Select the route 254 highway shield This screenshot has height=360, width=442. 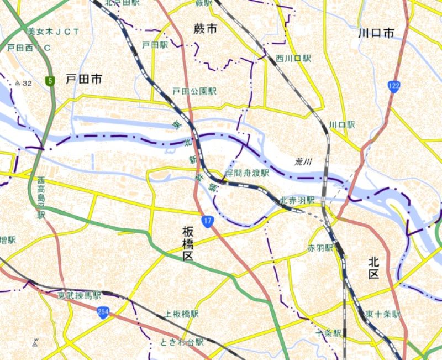pyautogui.click(x=102, y=312)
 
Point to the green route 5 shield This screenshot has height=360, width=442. pyautogui.click(x=50, y=81)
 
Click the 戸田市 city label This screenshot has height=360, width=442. pyautogui.click(x=83, y=80)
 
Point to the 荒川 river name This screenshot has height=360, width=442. pyautogui.click(x=303, y=162)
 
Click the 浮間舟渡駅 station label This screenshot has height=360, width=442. pyautogui.click(x=246, y=173)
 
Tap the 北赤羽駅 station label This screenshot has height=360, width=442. pyautogui.click(x=297, y=200)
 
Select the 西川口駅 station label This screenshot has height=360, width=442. pyautogui.click(x=293, y=58)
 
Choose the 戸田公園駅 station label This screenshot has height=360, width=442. pyautogui.click(x=194, y=91)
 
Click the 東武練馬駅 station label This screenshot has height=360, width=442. pyautogui.click(x=79, y=295)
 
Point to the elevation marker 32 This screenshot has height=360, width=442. pyautogui.click(x=24, y=83)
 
